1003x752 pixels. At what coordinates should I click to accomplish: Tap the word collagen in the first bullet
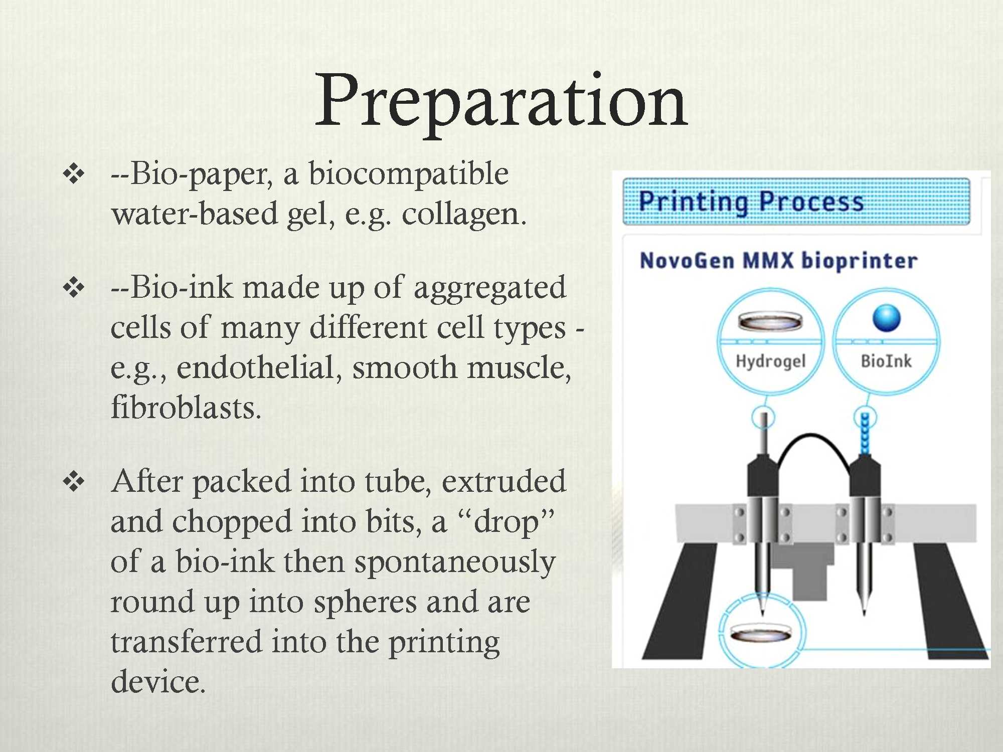[463, 214]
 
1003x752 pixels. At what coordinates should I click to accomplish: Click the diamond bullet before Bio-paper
[74, 174]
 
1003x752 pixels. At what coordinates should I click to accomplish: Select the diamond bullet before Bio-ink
[74, 288]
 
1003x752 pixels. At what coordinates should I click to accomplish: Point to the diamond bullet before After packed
[74, 482]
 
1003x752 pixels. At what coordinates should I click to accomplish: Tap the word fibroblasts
[186, 407]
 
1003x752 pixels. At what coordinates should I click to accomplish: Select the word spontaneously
[454, 561]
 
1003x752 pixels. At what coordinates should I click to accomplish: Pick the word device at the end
[157, 682]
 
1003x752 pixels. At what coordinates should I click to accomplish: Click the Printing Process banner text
[751, 202]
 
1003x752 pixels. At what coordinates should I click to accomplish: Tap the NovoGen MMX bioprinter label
[778, 261]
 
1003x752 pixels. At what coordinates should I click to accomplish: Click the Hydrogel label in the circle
[770, 361]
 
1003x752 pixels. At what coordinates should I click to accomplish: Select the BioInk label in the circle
[886, 361]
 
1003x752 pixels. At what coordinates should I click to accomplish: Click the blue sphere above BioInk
[886, 318]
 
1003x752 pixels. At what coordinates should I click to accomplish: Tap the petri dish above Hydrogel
[770, 321]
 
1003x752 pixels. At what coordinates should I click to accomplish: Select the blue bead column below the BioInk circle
[865, 433]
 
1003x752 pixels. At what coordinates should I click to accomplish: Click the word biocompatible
[408, 174]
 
